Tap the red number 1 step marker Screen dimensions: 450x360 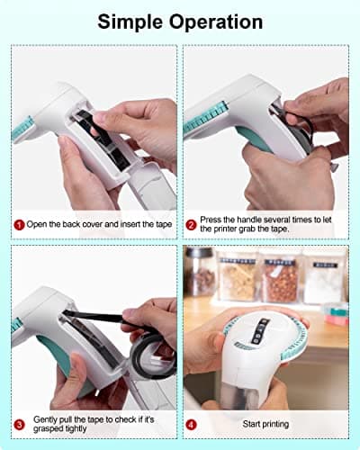pos(17,224)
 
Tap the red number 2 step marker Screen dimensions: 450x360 pos(191,224)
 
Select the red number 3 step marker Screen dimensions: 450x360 pos(17,423)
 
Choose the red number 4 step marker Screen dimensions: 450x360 pos(191,423)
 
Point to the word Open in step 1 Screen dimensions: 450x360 pos(39,224)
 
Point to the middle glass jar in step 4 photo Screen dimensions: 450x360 pos(279,279)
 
